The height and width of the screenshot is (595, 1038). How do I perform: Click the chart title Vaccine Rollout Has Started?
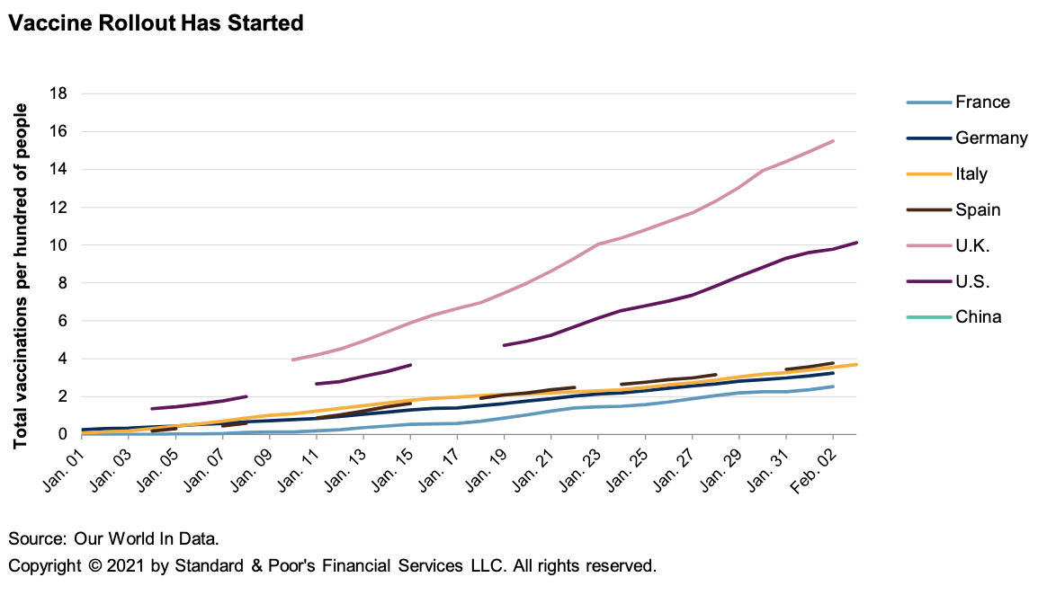pyautogui.click(x=156, y=23)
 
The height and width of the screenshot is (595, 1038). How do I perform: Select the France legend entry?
pyautogui.click(x=982, y=102)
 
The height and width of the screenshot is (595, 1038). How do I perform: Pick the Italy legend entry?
pyautogui.click(x=971, y=174)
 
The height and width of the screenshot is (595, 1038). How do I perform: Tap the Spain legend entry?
pyautogui.click(x=978, y=210)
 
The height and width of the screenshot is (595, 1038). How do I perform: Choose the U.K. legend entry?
pyautogui.click(x=972, y=245)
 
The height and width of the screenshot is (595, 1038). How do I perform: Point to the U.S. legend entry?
pyautogui.click(x=972, y=281)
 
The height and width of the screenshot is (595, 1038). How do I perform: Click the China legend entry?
pyautogui.click(x=978, y=317)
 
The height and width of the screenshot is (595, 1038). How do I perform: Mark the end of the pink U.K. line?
pyautogui.click(x=833, y=141)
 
